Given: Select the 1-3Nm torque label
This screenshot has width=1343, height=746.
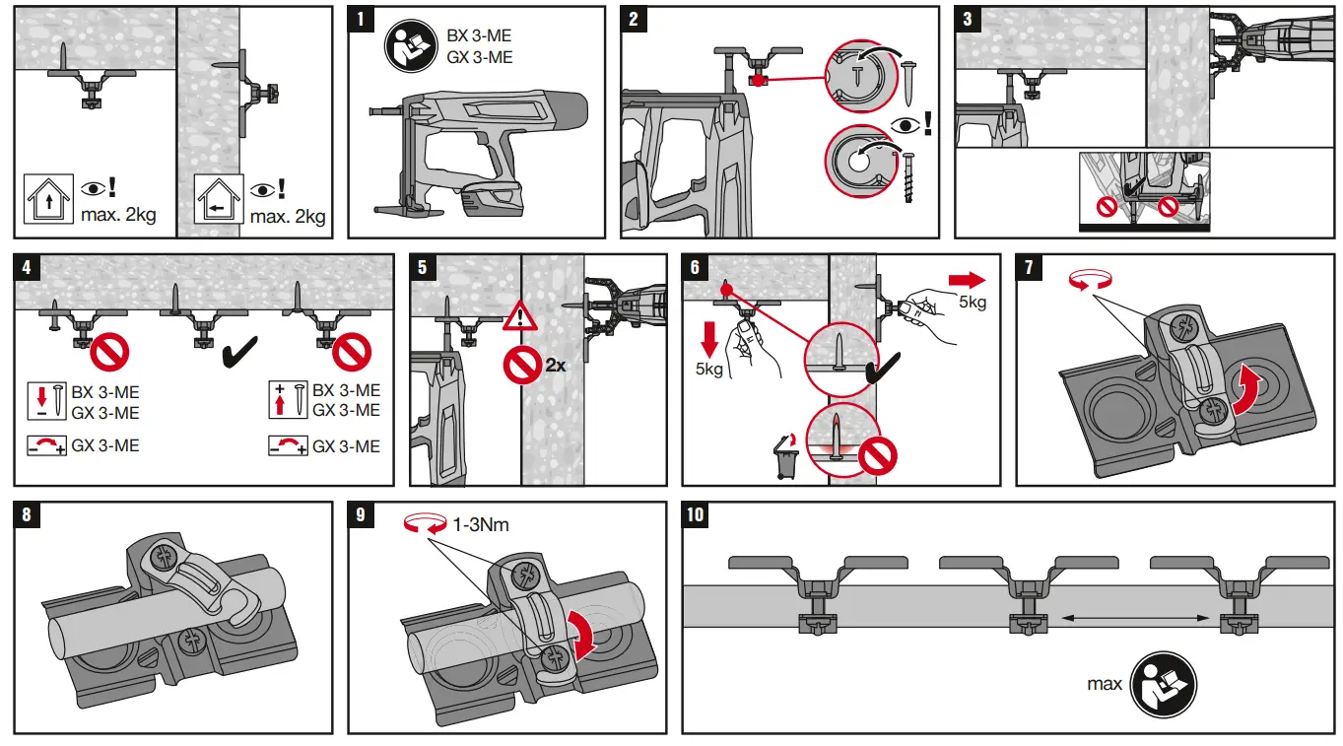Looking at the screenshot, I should click(x=481, y=525).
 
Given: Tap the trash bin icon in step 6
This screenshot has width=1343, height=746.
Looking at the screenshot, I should click(x=784, y=461).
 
